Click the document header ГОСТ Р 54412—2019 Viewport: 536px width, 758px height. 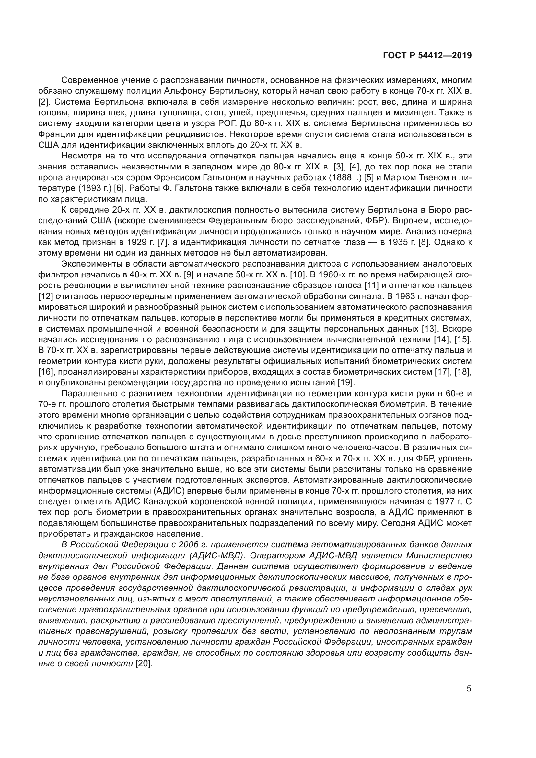pos(427,56)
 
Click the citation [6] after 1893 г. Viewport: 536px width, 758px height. pos(119,189)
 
